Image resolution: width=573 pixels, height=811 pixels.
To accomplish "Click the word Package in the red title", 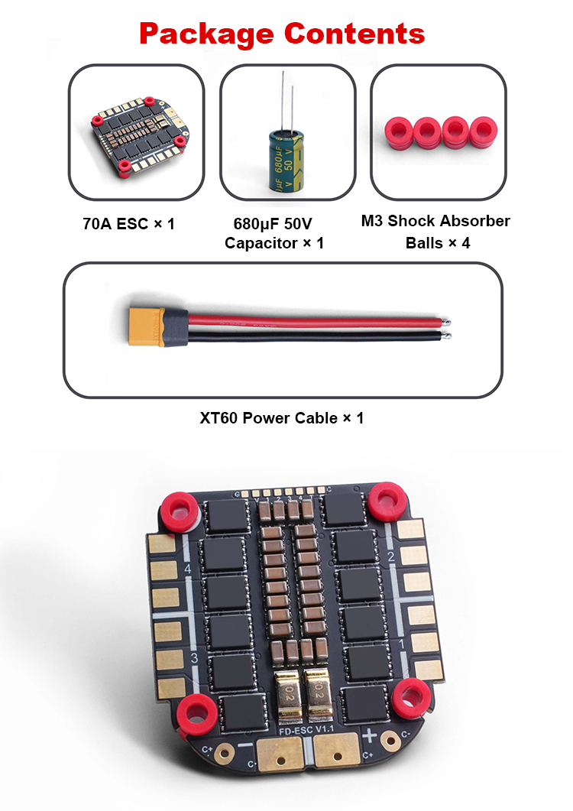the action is pyautogui.click(x=206, y=34).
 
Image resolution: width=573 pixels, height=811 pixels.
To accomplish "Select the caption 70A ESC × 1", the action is pyautogui.click(x=129, y=224).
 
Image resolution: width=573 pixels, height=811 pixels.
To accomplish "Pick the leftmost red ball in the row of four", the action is pyautogui.click(x=399, y=132).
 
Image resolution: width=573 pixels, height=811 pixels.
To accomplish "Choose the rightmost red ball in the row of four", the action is pyautogui.click(x=483, y=132).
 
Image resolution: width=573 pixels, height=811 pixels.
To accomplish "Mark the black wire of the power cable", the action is pyautogui.click(x=318, y=337).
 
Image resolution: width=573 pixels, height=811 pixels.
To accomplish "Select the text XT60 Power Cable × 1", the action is pyautogui.click(x=282, y=418).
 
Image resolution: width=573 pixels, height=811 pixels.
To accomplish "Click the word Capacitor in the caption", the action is pyautogui.click(x=261, y=243).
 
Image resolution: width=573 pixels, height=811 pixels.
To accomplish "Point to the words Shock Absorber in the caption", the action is pyautogui.click(x=449, y=221).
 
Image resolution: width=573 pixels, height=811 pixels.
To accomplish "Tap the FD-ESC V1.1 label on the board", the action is pyautogui.click(x=306, y=730).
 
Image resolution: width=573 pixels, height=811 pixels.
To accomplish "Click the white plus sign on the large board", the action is pyautogui.click(x=369, y=735).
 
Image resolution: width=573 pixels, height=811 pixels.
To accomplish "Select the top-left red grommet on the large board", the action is pyautogui.click(x=180, y=507).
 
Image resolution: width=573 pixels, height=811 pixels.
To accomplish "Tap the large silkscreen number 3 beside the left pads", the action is pyautogui.click(x=195, y=658).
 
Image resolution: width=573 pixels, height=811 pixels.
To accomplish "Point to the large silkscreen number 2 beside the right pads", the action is pyautogui.click(x=391, y=556).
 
